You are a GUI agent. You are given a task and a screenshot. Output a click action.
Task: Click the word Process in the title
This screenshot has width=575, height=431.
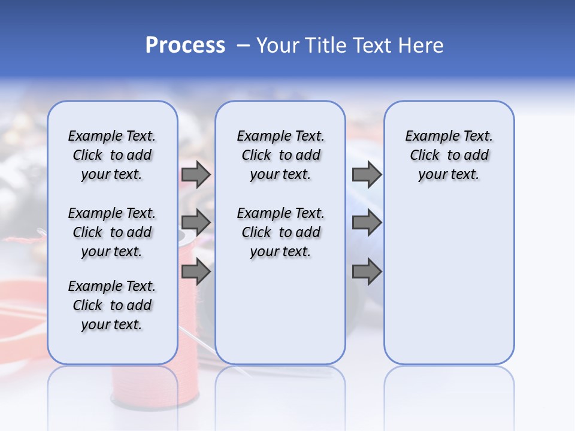click(x=185, y=45)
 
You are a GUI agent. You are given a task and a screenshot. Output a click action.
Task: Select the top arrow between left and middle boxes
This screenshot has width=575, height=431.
click(x=196, y=175)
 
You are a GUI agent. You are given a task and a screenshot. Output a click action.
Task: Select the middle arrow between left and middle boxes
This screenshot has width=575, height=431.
click(x=196, y=223)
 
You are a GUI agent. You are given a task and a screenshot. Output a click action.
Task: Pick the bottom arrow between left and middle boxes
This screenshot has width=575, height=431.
click(x=196, y=272)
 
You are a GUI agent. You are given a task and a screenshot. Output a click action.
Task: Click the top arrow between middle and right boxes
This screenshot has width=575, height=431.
click(x=367, y=175)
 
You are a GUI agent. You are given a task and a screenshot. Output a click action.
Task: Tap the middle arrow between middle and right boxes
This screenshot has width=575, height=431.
click(x=367, y=223)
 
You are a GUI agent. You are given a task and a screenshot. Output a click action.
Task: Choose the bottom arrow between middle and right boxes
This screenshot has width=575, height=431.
click(x=367, y=272)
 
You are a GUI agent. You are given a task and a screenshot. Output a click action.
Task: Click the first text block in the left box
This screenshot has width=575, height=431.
click(x=112, y=155)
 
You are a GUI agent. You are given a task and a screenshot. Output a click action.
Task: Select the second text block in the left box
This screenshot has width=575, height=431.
click(x=112, y=232)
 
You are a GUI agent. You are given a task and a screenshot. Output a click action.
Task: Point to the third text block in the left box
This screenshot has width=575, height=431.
click(x=112, y=305)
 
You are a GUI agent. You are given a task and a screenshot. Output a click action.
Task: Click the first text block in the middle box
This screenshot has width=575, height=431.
click(x=280, y=155)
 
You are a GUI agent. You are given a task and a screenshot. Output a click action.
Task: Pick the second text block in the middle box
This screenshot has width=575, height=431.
click(x=280, y=232)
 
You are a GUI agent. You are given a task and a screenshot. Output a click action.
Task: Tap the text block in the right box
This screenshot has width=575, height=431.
click(x=449, y=155)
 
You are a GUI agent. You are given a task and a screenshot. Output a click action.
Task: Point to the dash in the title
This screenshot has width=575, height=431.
click(x=243, y=45)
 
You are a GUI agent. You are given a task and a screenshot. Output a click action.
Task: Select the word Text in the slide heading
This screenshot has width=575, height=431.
click(x=371, y=45)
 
